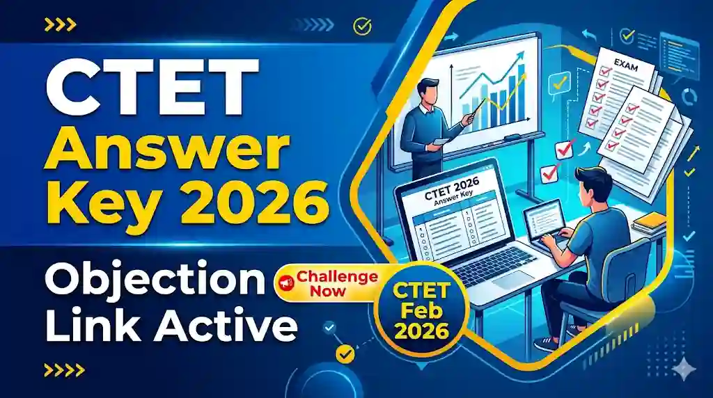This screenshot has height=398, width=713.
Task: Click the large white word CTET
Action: pyautogui.click(x=146, y=89)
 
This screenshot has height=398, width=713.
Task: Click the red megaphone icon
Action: pyautogui.click(x=285, y=282)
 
